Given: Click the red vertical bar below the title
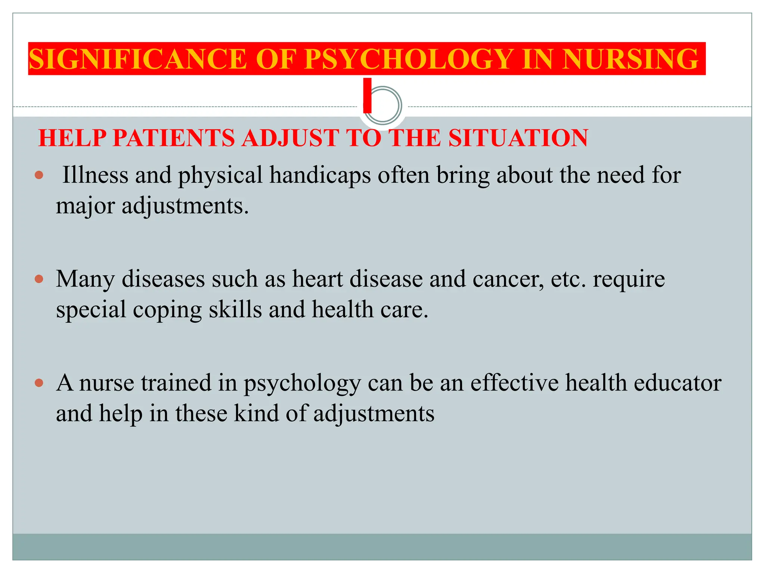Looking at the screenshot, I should pos(368,95).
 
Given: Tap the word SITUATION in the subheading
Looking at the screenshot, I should pos(518,138).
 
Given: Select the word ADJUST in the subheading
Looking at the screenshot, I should pos(290,138).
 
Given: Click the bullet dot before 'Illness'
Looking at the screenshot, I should pos(39,175).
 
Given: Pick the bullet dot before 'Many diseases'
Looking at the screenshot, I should pos(39,279).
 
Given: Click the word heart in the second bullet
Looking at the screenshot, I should pos(317,279).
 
